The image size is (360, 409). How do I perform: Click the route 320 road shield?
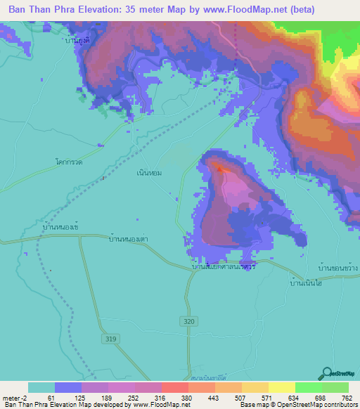click(186, 320)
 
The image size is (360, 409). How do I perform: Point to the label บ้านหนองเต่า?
click(128, 240)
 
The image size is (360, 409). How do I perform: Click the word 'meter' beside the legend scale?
click(10, 398)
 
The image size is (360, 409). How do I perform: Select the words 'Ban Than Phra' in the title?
click(43, 10)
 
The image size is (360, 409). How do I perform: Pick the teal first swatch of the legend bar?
click(41, 387)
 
